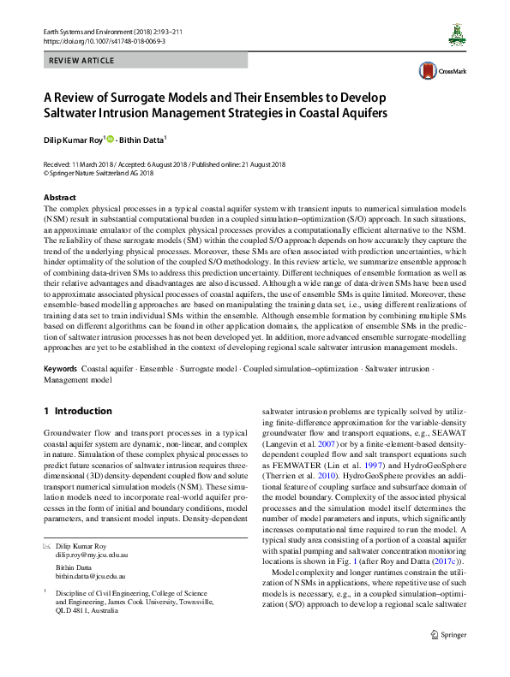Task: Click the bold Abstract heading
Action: (x=59, y=197)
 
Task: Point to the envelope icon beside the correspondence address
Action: (x=46, y=544)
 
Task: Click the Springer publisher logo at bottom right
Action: (x=447, y=658)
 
